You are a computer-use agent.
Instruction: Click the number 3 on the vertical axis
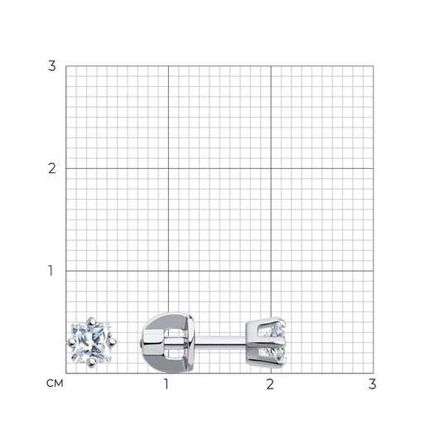point(52,66)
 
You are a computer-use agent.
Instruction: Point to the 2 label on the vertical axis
point(52,168)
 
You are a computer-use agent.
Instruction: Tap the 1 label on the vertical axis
point(51,271)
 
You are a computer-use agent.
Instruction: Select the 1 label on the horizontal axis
point(166,384)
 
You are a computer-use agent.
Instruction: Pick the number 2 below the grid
point(270,384)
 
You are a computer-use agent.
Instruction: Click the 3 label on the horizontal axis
point(372,384)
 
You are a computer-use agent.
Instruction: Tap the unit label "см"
point(55,384)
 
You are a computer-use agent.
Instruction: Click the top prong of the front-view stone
point(91,322)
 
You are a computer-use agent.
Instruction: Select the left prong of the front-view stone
point(71,342)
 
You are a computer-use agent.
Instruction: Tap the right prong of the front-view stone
point(112,342)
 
